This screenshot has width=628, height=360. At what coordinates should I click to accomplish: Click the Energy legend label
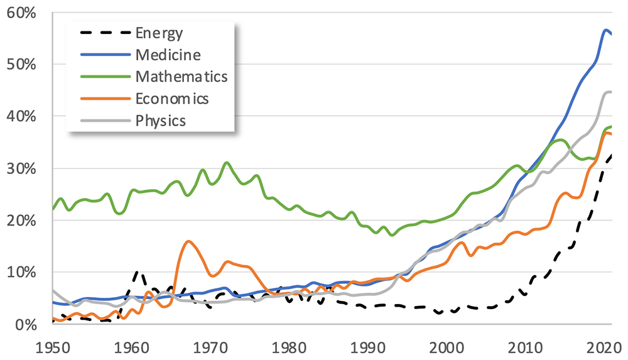(159, 33)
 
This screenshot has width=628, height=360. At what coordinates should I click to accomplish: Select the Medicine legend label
(168, 55)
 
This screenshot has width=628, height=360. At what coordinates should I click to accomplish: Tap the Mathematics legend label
(181, 77)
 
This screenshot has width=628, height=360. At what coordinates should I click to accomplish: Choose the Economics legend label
(172, 99)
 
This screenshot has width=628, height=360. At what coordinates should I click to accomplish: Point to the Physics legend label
(161, 121)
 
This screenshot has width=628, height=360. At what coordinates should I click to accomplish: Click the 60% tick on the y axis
(21, 13)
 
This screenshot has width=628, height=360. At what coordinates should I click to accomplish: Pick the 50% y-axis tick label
(21, 65)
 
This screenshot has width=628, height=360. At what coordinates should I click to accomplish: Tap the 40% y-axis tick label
(21, 117)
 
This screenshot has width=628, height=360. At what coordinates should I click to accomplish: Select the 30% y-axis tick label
(21, 169)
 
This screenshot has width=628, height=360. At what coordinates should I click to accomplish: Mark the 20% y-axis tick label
(21, 221)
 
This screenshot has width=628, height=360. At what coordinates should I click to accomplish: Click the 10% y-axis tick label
(21, 273)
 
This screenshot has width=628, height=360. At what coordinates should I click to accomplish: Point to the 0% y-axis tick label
(26, 325)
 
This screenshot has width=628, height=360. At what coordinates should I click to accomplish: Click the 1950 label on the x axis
(53, 348)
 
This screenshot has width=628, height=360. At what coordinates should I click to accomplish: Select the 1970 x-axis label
(210, 348)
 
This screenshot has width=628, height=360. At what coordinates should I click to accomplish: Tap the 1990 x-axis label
(367, 348)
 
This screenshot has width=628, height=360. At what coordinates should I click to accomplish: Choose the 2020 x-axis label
(604, 348)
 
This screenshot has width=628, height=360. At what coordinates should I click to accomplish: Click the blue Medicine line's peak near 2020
(606, 30)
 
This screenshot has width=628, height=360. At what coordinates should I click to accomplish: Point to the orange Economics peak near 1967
(188, 241)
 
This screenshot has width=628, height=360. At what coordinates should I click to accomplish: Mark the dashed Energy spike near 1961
(138, 272)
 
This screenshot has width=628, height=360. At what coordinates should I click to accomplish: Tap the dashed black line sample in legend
(106, 33)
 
